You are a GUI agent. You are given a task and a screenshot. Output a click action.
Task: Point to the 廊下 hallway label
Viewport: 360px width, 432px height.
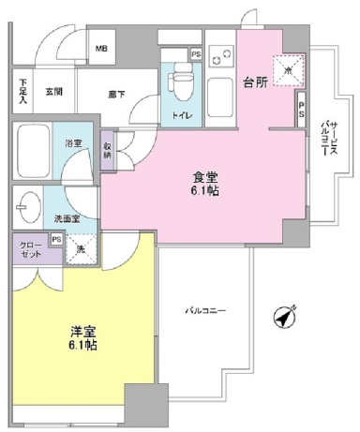coord(115,92)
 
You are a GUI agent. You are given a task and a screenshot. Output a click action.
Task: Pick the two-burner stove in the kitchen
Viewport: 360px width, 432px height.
coord(218,58)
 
